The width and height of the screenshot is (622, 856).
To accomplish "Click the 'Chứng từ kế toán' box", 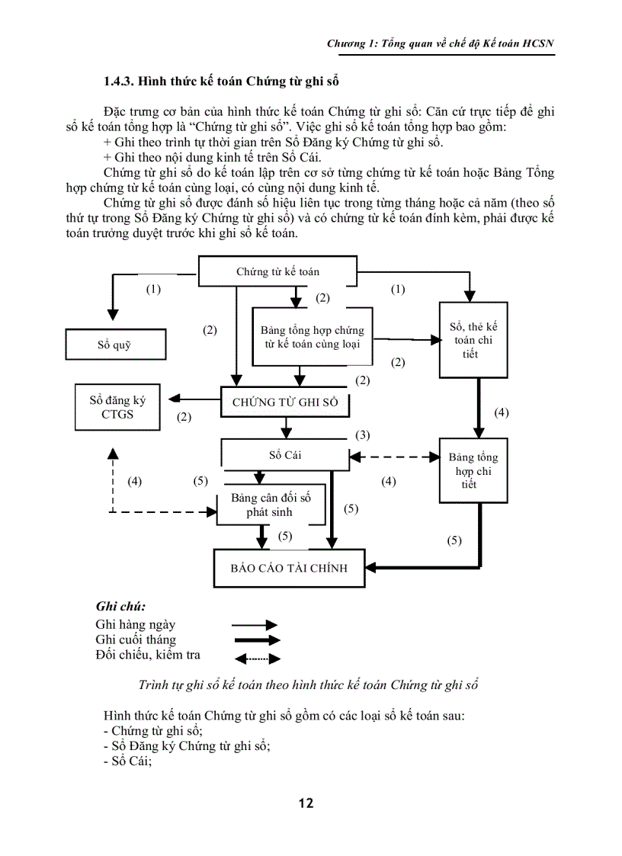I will pos(277,271).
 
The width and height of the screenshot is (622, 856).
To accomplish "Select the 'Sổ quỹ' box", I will pos(114,345).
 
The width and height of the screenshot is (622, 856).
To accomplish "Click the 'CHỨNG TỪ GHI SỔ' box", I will pos(284,402).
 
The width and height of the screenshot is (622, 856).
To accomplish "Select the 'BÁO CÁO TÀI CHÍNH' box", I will pos(289,568).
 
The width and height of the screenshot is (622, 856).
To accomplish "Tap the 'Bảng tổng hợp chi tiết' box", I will pos(473,470).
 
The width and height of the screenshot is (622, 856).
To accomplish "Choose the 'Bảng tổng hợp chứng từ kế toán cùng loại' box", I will pos(312,337).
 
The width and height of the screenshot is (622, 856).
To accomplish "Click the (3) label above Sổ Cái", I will pos(363,435).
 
